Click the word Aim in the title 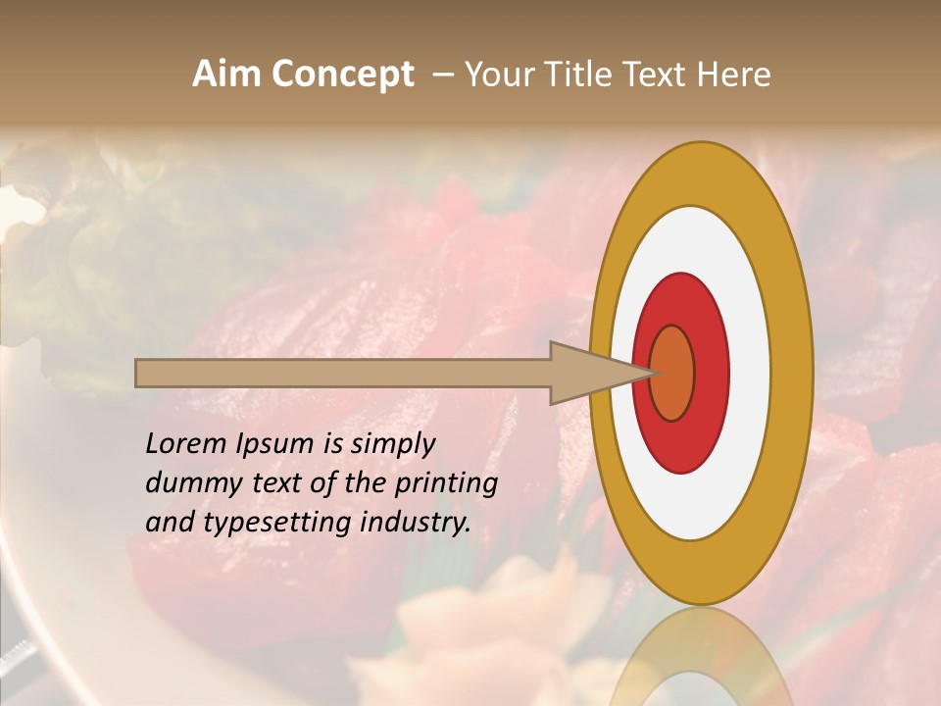click(223, 75)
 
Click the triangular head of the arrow click(588, 373)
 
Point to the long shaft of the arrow click(343, 373)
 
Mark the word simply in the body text click(392, 445)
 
